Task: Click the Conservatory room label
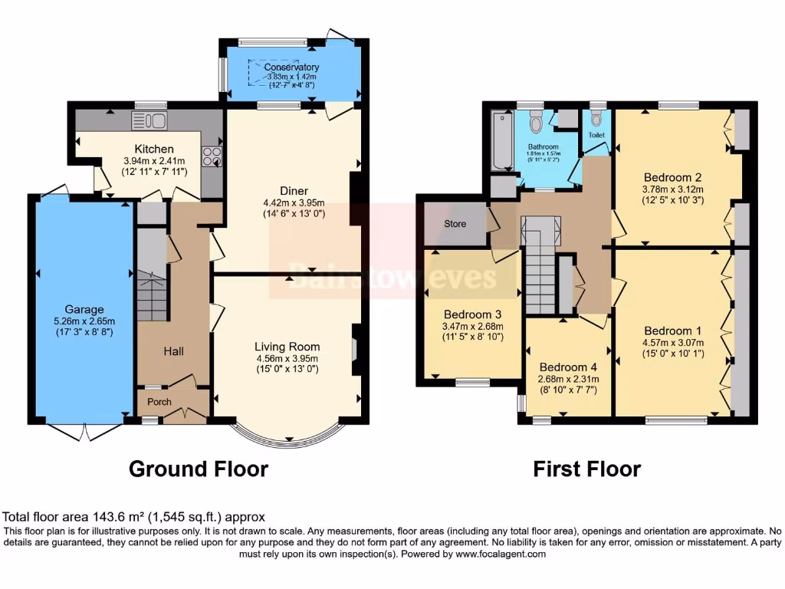pyautogui.click(x=291, y=67)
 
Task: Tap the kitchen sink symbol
pyautogui.click(x=149, y=120)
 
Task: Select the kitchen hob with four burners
pyautogui.click(x=212, y=157)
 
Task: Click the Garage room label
pyautogui.click(x=84, y=310)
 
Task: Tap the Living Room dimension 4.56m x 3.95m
pyautogui.click(x=287, y=358)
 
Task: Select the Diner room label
pyautogui.click(x=294, y=191)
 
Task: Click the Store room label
pyautogui.click(x=455, y=225)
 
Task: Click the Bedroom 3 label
pyautogui.click(x=472, y=314)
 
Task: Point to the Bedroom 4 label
pyautogui.click(x=568, y=367)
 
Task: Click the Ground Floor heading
pyautogui.click(x=198, y=469)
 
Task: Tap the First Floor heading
pyautogui.click(x=586, y=469)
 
